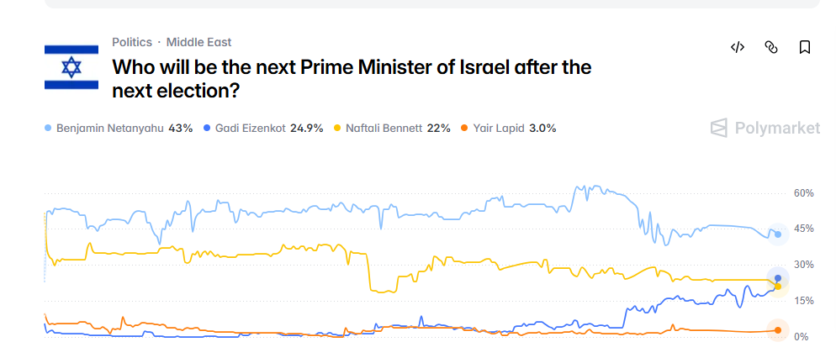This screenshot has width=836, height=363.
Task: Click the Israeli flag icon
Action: point(71,67)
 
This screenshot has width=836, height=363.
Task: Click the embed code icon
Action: point(738,47)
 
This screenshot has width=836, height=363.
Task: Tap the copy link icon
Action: point(770,47)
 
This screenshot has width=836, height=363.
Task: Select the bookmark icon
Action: point(804,47)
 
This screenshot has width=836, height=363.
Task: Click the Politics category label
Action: point(132,42)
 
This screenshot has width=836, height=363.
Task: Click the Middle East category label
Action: point(198,42)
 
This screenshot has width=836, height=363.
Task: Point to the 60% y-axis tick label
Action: point(804,193)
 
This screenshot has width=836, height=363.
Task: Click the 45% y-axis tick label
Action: point(804,229)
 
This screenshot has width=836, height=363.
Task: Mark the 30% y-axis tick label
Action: point(804,265)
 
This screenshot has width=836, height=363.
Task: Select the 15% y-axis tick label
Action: point(804,301)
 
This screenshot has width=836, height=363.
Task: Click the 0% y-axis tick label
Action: point(801,337)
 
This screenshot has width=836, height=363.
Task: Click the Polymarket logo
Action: point(765,129)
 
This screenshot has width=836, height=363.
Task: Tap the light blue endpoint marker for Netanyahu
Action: point(778,234)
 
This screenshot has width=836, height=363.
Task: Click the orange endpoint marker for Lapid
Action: point(778,330)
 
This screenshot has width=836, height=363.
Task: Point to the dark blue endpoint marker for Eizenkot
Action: point(778,278)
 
